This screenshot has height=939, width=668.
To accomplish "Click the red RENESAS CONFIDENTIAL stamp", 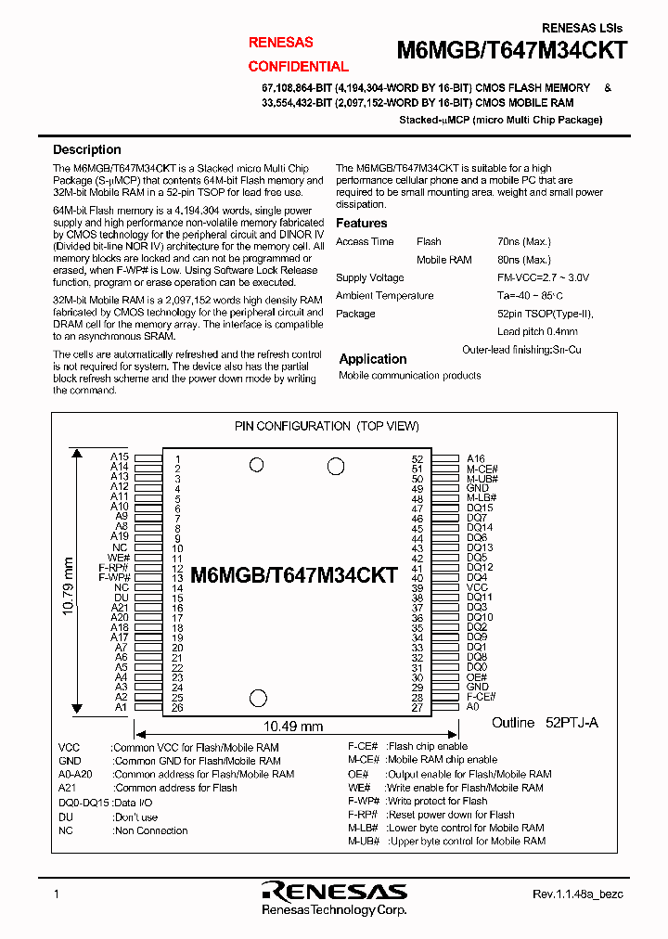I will pyautogui.click(x=298, y=55).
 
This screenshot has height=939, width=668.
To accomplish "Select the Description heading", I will pyautogui.click(x=86, y=149).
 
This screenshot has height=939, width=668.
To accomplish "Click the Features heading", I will pyautogui.click(x=361, y=223).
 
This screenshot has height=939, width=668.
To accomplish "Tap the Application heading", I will pyautogui.click(x=372, y=359).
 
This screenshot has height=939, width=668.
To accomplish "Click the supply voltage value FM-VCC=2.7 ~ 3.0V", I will pyautogui.click(x=543, y=277).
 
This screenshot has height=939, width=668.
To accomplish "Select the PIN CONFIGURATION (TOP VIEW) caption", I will pyautogui.click(x=326, y=426).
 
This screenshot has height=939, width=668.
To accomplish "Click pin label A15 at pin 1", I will pyautogui.click(x=119, y=457).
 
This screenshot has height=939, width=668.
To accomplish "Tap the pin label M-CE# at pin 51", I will pyautogui.click(x=482, y=469).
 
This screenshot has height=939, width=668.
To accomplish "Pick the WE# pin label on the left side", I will pyautogui.click(x=118, y=558).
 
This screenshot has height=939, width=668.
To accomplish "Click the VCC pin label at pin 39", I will pyautogui.click(x=477, y=587).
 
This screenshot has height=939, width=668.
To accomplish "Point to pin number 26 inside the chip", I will pyautogui.click(x=176, y=708).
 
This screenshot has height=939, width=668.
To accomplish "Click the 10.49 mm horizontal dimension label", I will pyautogui.click(x=294, y=727).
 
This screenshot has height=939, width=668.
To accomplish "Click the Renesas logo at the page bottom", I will pyautogui.click(x=333, y=892).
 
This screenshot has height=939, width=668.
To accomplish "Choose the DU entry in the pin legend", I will pyautogui.click(x=64, y=817).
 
